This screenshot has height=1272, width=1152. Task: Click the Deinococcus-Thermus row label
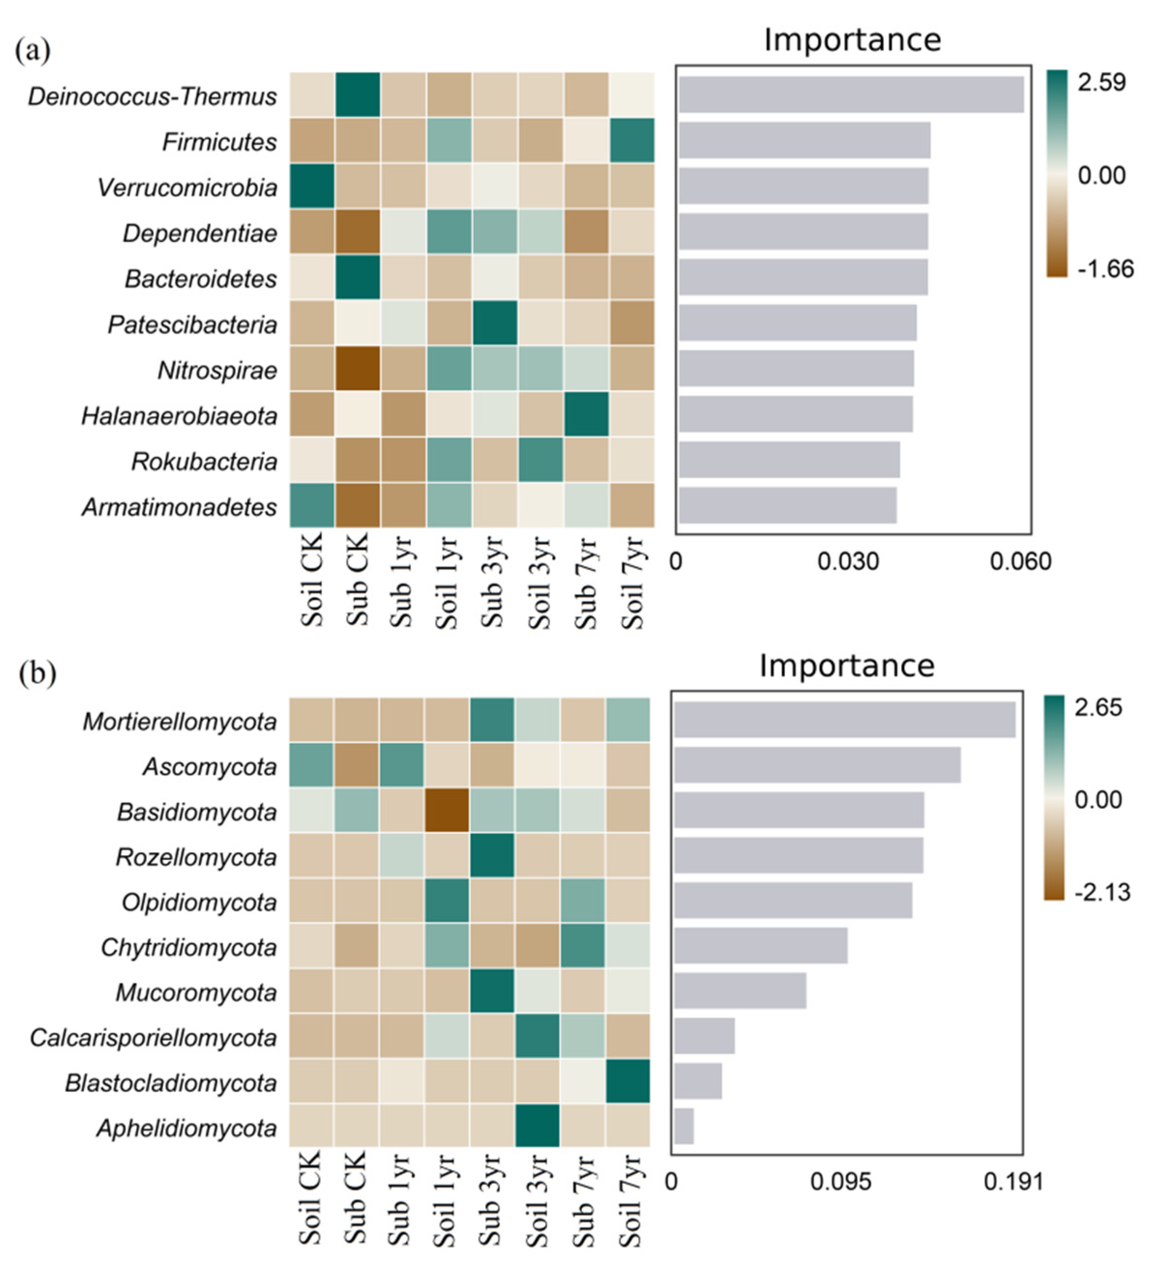click(x=152, y=97)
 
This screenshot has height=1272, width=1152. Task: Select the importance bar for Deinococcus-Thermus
click(x=850, y=95)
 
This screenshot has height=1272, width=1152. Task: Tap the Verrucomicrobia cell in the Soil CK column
click(x=312, y=186)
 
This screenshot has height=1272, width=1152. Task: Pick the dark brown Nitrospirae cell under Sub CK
click(x=357, y=369)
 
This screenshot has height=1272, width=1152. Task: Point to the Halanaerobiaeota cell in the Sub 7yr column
click(x=586, y=414)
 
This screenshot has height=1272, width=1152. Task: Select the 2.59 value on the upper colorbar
click(x=1101, y=83)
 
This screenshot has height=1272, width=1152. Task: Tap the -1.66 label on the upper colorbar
click(x=1105, y=270)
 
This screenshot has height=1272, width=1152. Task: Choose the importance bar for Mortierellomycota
click(x=844, y=720)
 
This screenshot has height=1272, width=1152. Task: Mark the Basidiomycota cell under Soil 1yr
click(x=447, y=810)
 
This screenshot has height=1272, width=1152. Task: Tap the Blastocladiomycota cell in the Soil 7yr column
click(x=627, y=1082)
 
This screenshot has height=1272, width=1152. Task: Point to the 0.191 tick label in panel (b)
click(x=1013, y=1181)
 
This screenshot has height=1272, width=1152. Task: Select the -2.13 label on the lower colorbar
click(x=1102, y=892)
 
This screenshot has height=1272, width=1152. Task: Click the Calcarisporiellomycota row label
click(x=153, y=1037)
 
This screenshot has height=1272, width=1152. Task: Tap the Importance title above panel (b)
click(x=846, y=666)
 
